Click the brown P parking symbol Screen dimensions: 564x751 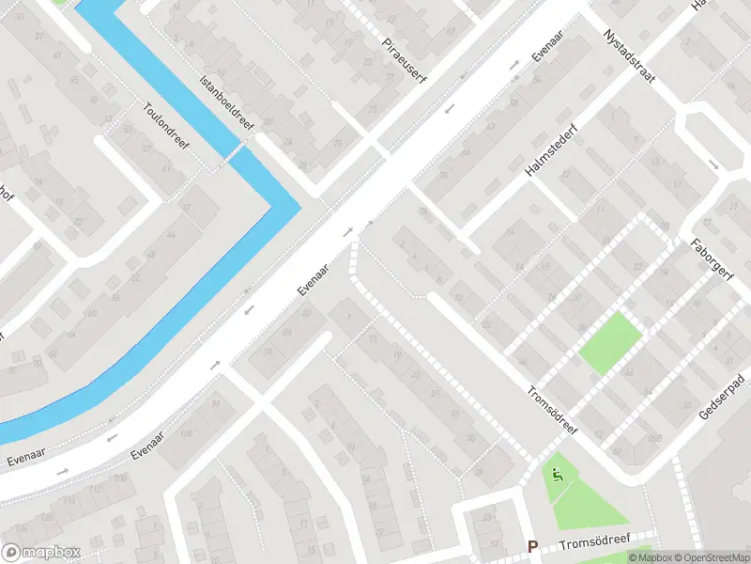tap(532, 546)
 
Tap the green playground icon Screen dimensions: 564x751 tap(557, 476)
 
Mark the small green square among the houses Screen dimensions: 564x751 tap(611, 344)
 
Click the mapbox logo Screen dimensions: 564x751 tap(39, 553)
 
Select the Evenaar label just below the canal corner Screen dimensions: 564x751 tap(315, 279)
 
